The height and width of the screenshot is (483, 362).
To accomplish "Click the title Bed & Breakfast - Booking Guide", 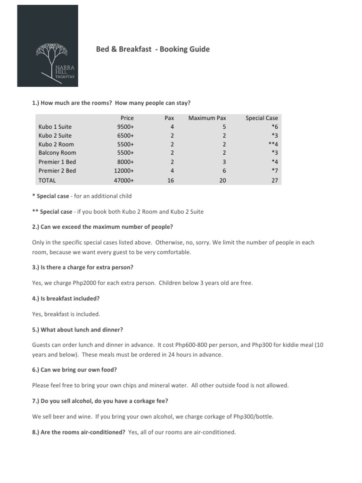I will (x=153, y=49).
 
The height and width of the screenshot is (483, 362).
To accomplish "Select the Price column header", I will (x=127, y=118).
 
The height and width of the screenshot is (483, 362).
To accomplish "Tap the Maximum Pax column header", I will (x=207, y=118).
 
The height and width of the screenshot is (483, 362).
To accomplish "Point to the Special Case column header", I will (x=262, y=118).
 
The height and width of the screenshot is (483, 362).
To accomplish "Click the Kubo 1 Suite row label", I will (x=55, y=126).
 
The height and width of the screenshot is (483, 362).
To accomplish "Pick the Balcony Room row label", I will (x=58, y=153).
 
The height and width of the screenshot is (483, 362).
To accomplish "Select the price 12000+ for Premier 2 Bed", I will (x=124, y=171).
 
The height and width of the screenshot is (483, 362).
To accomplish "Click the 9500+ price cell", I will (x=125, y=126).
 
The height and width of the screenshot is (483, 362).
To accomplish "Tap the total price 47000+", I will (x=124, y=180).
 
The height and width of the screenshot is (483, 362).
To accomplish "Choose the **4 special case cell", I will (x=272, y=144).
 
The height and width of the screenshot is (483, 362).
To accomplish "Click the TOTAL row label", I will (x=47, y=180).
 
